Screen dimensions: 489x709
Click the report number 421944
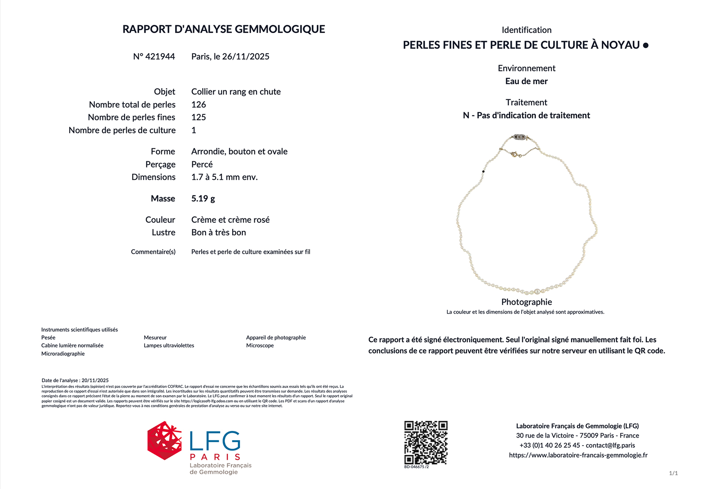(x=160, y=56)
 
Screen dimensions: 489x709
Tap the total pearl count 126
(x=199, y=105)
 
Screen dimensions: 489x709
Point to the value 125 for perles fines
(x=199, y=117)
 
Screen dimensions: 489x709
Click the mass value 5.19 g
(x=203, y=198)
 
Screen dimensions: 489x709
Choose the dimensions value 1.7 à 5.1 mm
(x=224, y=177)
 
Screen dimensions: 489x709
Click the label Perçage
(x=160, y=164)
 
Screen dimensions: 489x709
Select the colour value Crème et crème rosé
(x=230, y=220)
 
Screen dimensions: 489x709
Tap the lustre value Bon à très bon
(x=218, y=233)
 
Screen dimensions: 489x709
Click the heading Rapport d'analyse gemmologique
(x=224, y=29)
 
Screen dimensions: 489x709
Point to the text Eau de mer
(x=526, y=81)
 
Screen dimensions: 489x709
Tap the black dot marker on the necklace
(x=483, y=171)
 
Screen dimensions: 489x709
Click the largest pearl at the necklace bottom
(x=537, y=291)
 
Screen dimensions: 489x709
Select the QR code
(x=426, y=442)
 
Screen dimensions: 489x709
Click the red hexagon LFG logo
(x=164, y=440)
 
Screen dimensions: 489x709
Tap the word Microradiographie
(x=63, y=354)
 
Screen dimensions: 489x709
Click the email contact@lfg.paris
(x=610, y=446)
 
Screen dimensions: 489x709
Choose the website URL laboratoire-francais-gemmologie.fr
(x=578, y=455)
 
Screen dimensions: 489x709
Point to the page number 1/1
(x=673, y=473)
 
